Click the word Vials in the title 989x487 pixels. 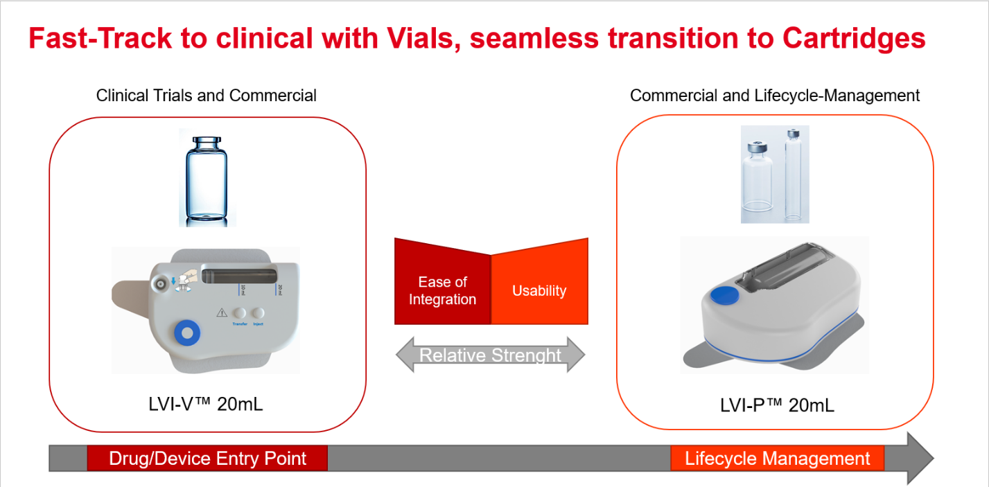click(x=421, y=38)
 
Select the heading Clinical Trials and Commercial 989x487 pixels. click(x=206, y=96)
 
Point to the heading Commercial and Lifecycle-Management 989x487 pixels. click(x=775, y=96)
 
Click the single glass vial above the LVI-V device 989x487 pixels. click(x=207, y=178)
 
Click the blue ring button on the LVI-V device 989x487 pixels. click(x=186, y=334)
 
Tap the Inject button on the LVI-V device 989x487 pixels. click(x=258, y=313)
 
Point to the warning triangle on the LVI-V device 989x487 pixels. click(x=222, y=313)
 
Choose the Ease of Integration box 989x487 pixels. click(x=442, y=290)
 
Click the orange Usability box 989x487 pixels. click(x=539, y=290)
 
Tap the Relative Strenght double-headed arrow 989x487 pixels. click(x=491, y=355)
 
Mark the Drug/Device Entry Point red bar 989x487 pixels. click(x=207, y=459)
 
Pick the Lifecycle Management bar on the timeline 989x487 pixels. click(x=777, y=459)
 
